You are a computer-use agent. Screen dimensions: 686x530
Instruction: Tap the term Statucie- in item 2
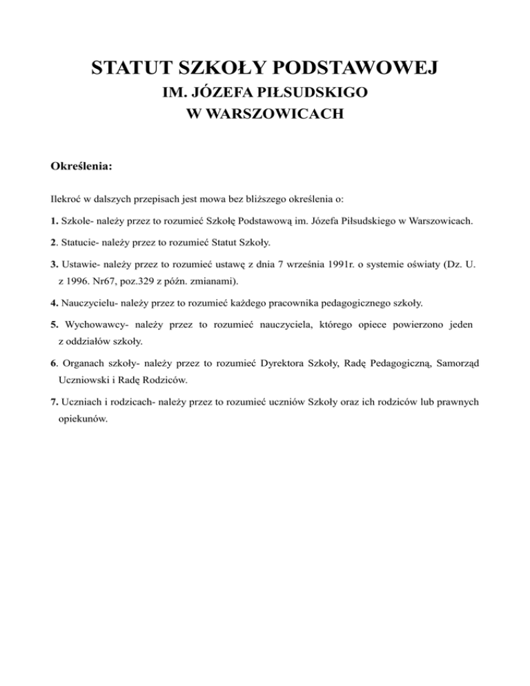pos(80,243)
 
